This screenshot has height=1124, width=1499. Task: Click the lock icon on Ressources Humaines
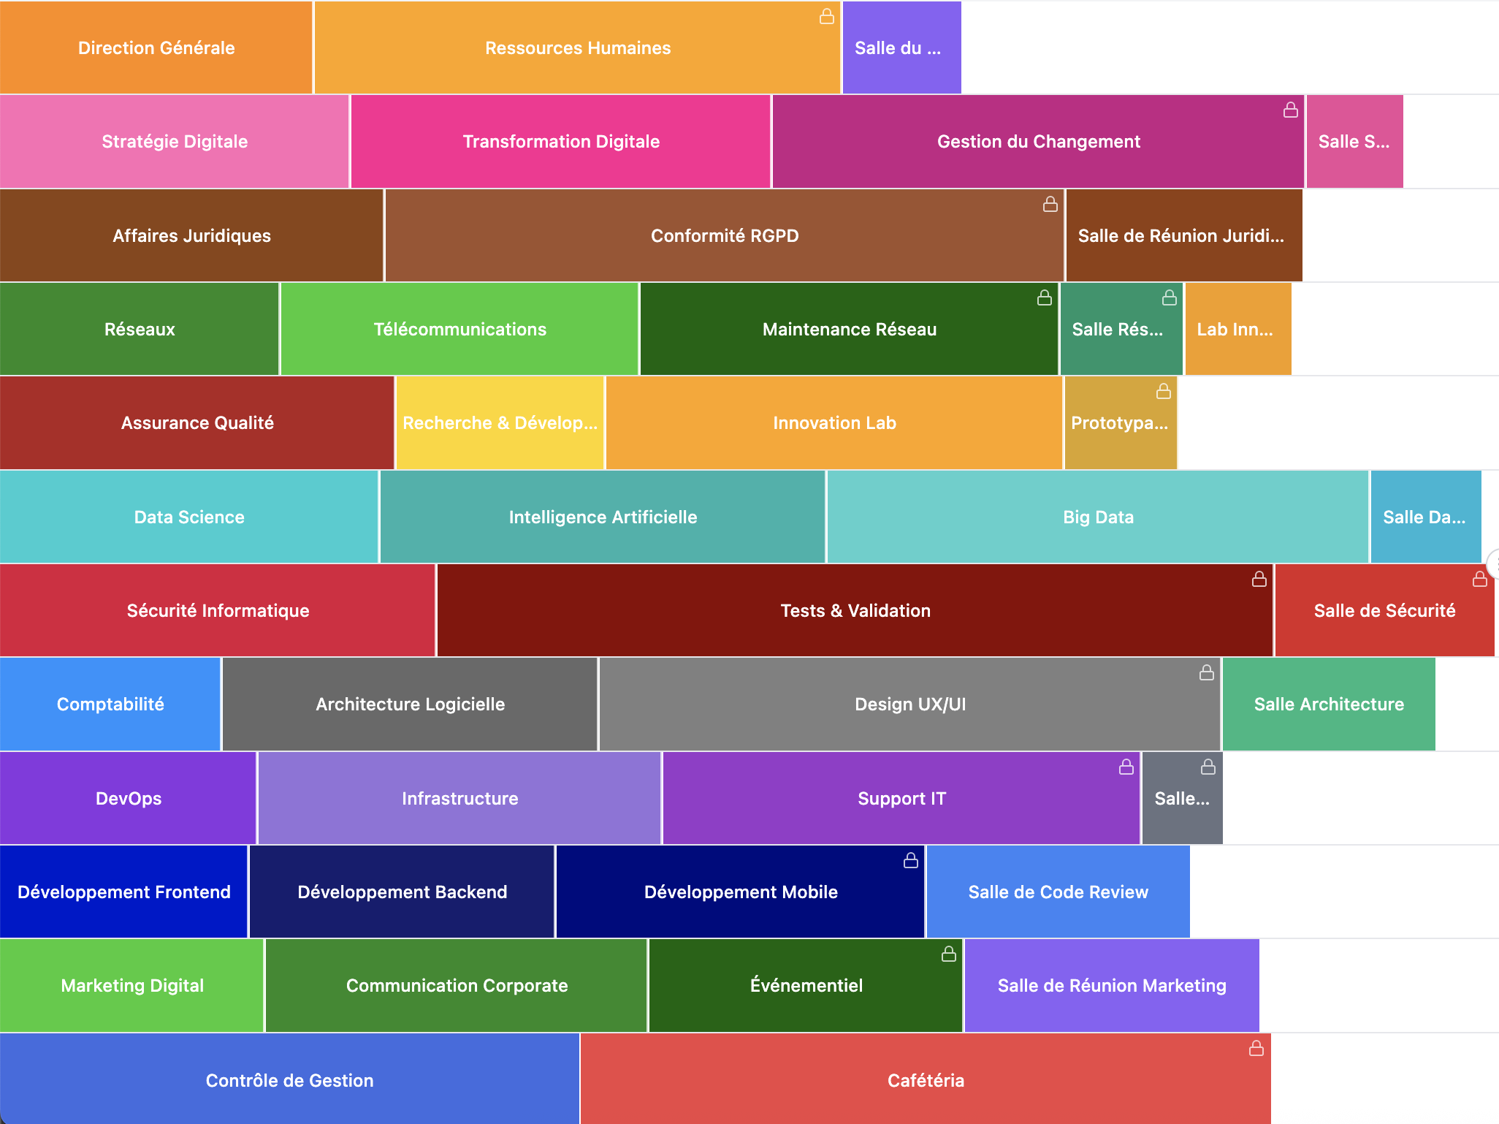(826, 16)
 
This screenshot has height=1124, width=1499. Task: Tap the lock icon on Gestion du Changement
(1290, 110)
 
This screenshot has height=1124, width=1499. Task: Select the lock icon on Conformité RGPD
(1050, 204)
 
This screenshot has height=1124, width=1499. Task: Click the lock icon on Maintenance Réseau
(1044, 297)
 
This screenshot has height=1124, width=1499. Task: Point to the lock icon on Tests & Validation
(1259, 579)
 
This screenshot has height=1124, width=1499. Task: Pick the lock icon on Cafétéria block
(1256, 1048)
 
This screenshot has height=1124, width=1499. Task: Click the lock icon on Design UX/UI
(1206, 672)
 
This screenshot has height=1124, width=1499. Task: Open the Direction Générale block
(156, 48)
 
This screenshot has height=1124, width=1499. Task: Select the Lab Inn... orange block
(1237, 330)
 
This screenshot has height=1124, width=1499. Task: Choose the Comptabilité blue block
(110, 705)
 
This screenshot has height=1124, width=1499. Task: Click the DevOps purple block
(129, 799)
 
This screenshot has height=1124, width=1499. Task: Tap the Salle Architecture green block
(1328, 705)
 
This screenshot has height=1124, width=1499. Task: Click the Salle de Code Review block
(1058, 892)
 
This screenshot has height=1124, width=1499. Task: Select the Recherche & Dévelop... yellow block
(500, 423)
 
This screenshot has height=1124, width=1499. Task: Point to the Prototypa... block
(1120, 423)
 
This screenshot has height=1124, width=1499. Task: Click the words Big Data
(1098, 517)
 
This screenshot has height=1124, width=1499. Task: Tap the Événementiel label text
(806, 986)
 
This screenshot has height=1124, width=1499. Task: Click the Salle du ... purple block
(901, 48)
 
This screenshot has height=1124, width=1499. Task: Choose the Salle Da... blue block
(1425, 517)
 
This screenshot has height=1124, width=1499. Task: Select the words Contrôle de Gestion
(289, 1081)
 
